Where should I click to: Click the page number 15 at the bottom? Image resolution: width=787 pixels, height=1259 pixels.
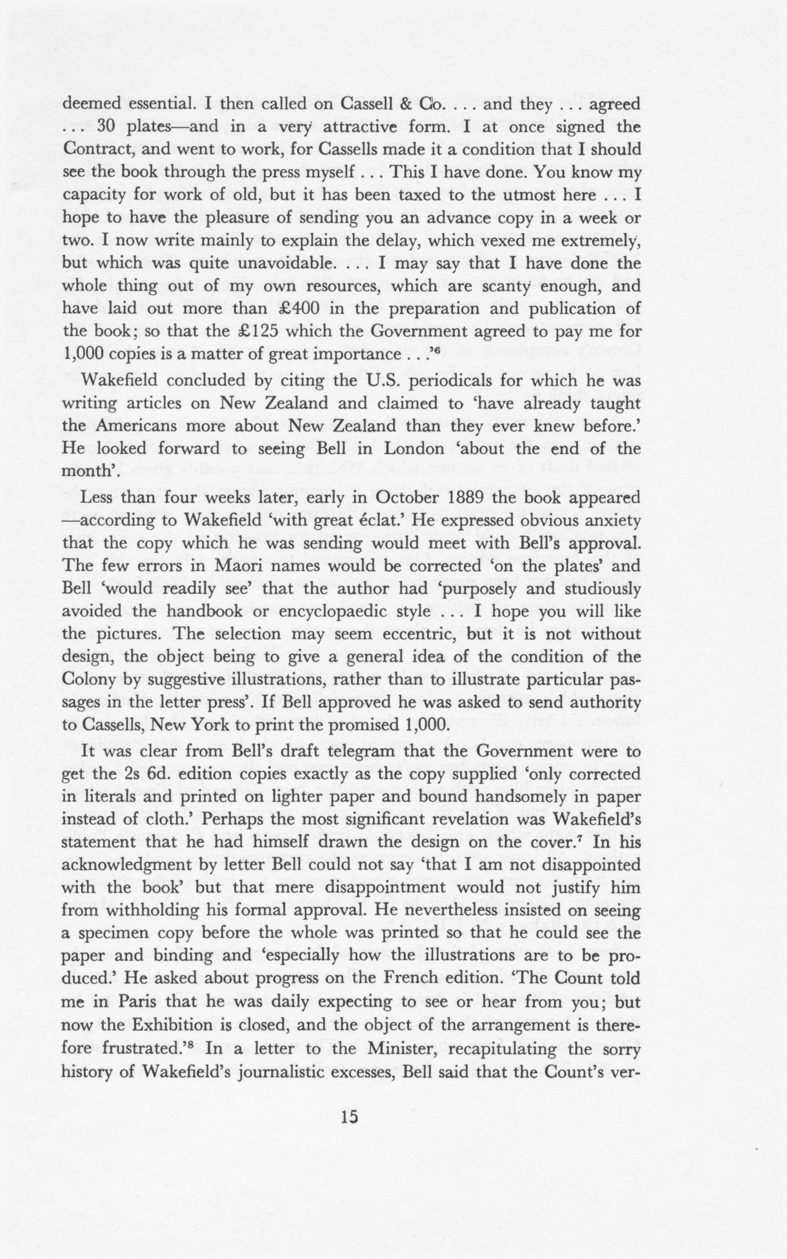click(x=349, y=1117)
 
